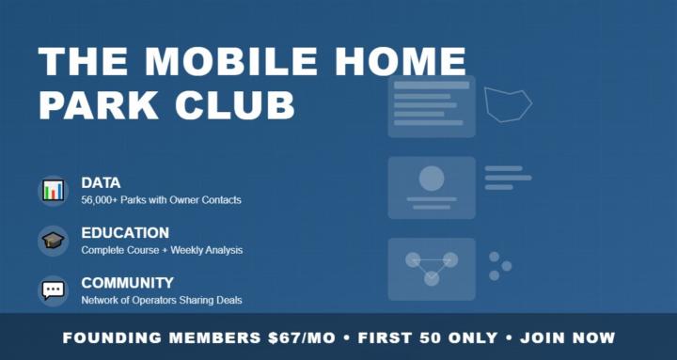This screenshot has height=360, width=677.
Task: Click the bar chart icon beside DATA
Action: pyautogui.click(x=54, y=190)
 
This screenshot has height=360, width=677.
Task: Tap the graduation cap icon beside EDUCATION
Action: pyautogui.click(x=54, y=240)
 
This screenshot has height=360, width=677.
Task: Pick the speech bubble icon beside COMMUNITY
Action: pyautogui.click(x=54, y=290)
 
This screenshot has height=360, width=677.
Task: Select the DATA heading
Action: pyautogui.click(x=101, y=182)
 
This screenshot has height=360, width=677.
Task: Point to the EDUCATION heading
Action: pyautogui.click(x=125, y=232)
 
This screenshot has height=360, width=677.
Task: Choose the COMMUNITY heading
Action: pyautogui.click(x=127, y=282)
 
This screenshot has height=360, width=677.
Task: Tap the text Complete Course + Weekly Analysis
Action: pyautogui.click(x=162, y=250)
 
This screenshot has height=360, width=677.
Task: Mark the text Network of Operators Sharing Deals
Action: pyautogui.click(x=162, y=300)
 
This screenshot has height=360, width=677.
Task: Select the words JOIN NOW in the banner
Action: pyautogui.click(x=567, y=337)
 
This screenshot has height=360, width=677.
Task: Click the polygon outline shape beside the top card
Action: pyautogui.click(x=508, y=103)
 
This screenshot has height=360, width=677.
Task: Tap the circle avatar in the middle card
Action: pyautogui.click(x=432, y=178)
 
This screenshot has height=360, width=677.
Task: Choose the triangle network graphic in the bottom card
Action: pyautogui.click(x=432, y=267)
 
